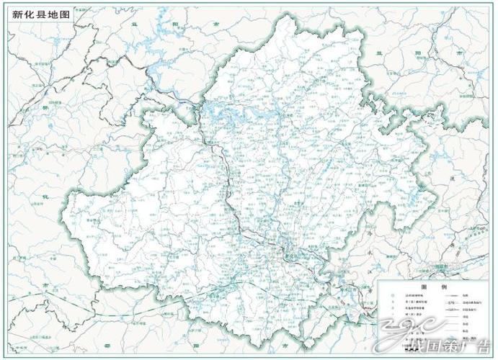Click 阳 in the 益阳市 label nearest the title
click(x=175, y=24)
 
